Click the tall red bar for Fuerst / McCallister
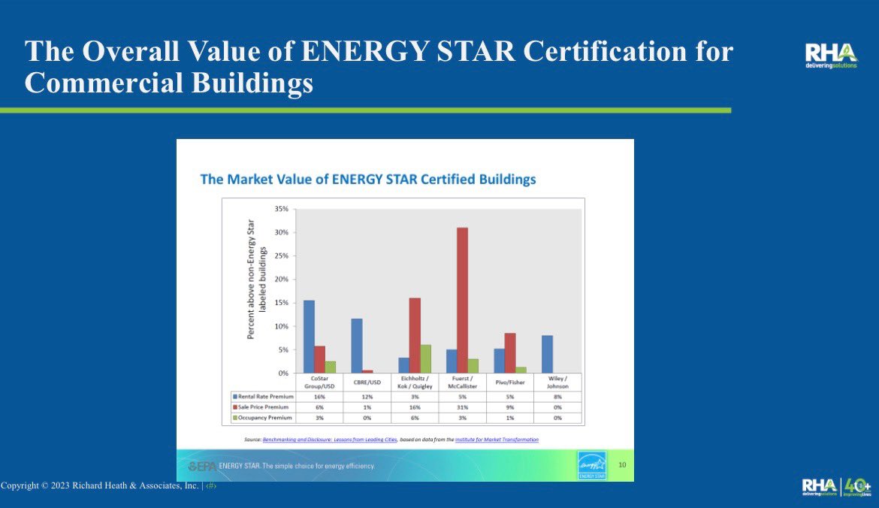(462, 301)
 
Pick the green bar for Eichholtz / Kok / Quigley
(426, 359)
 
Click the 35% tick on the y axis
(282, 209)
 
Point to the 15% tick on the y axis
(282, 303)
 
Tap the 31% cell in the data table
(462, 407)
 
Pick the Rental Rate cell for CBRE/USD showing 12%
(367, 395)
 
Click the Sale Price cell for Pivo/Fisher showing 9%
(510, 407)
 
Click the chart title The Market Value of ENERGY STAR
(367, 180)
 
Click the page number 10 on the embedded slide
(621, 465)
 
